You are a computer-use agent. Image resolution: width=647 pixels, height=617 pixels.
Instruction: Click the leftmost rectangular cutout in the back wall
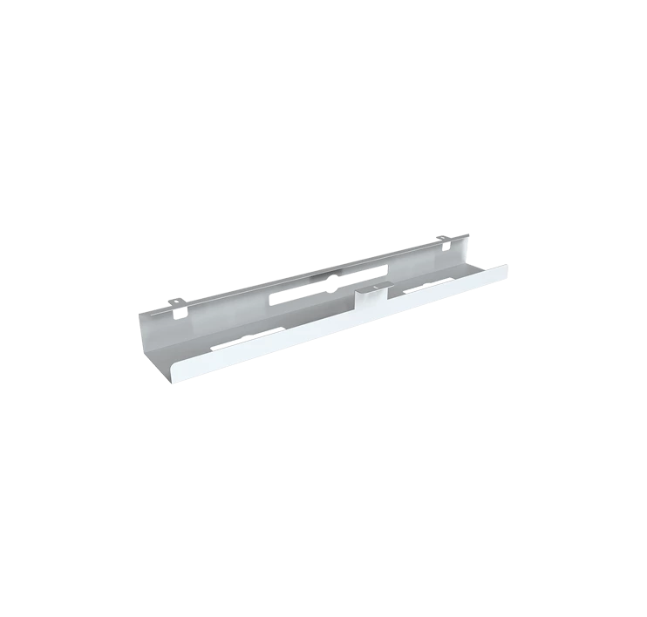284,297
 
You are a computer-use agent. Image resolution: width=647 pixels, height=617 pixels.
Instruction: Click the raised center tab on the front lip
371,295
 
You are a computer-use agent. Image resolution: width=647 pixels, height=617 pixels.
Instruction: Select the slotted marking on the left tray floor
251,336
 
